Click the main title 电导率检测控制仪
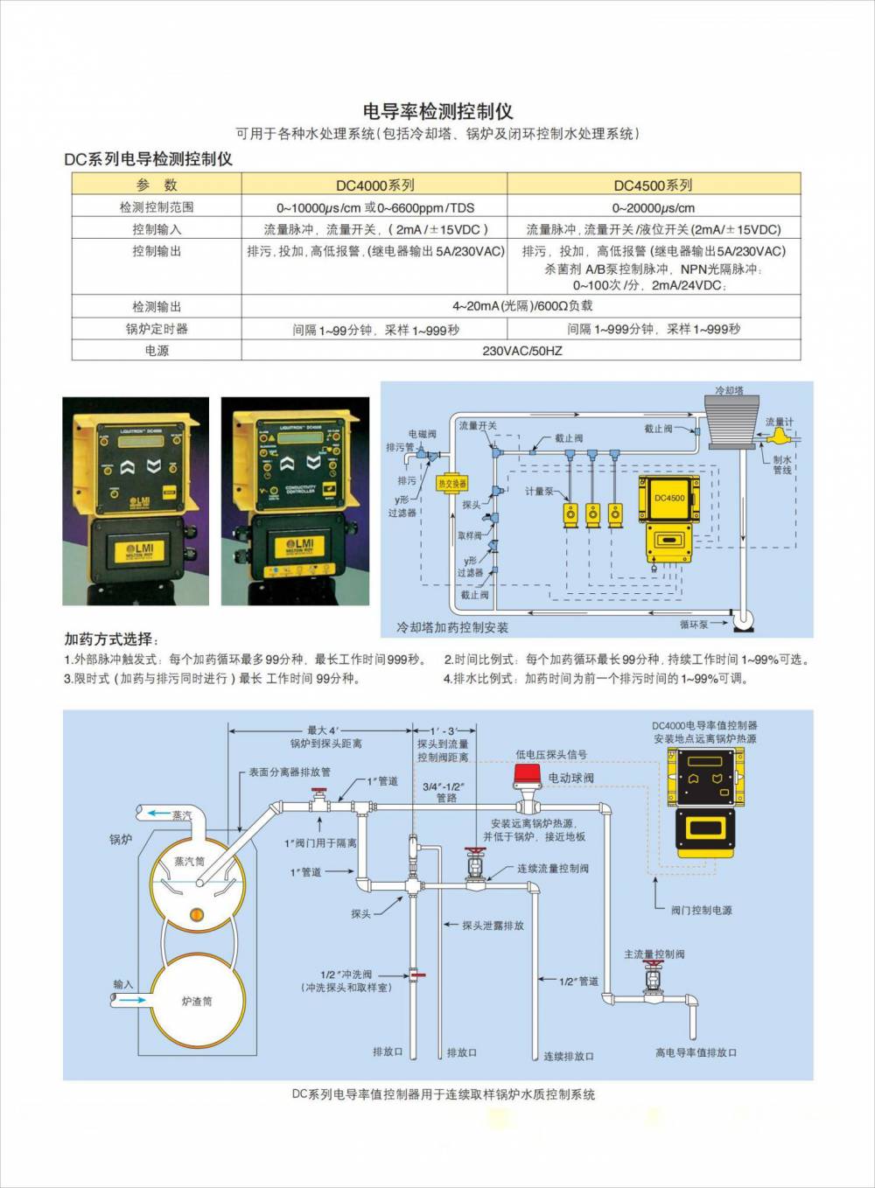click(437, 112)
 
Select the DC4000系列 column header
click(374, 185)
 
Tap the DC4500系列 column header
click(653, 185)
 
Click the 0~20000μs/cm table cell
click(653, 207)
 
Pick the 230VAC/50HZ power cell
click(521, 351)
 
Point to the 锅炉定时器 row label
click(157, 329)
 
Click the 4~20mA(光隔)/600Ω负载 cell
click(521, 306)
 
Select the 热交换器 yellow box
click(451, 483)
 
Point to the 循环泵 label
click(694, 625)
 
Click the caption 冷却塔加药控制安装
click(451, 627)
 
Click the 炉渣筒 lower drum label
click(196, 1002)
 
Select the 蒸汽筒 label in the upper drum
click(189, 862)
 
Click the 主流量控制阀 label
click(654, 954)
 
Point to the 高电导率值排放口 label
click(696, 1052)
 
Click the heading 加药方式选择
click(111, 639)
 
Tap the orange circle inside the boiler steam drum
click(196, 915)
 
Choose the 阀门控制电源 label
click(701, 911)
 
